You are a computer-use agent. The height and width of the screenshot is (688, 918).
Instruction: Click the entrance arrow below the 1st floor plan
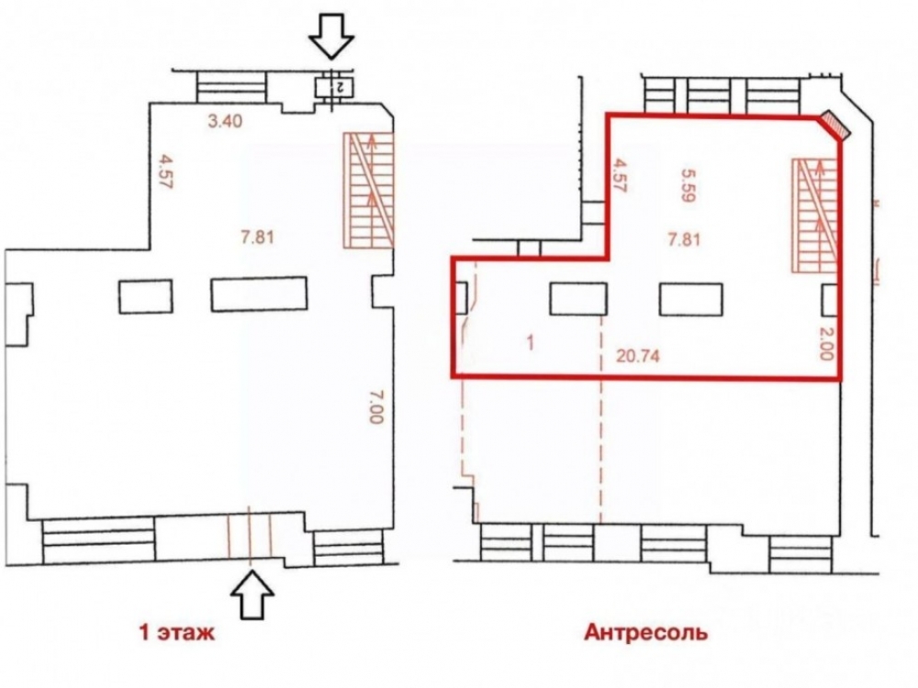click(252, 594)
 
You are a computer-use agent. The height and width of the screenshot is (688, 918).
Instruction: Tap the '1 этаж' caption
click(177, 632)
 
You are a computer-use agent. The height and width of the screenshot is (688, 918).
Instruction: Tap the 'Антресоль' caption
click(645, 632)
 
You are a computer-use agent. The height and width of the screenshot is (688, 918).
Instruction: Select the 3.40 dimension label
click(225, 122)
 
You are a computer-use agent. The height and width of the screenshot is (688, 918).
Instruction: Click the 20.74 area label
click(638, 355)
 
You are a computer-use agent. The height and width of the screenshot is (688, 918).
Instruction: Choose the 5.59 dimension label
click(688, 185)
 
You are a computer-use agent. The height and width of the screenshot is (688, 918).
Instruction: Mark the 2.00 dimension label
click(825, 343)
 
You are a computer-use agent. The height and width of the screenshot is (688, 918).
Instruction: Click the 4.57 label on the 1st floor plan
click(166, 171)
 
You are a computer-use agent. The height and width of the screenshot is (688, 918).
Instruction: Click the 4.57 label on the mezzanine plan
click(619, 175)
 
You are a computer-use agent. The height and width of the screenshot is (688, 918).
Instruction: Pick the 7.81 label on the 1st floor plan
click(258, 239)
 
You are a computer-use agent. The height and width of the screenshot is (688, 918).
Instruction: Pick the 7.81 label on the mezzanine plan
click(684, 239)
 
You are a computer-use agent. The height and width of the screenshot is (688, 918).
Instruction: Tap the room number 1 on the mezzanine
click(531, 343)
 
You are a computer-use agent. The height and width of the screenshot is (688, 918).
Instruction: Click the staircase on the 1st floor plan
click(368, 190)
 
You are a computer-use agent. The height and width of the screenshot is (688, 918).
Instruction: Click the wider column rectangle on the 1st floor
click(259, 294)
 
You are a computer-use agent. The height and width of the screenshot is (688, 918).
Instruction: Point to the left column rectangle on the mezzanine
click(578, 299)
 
